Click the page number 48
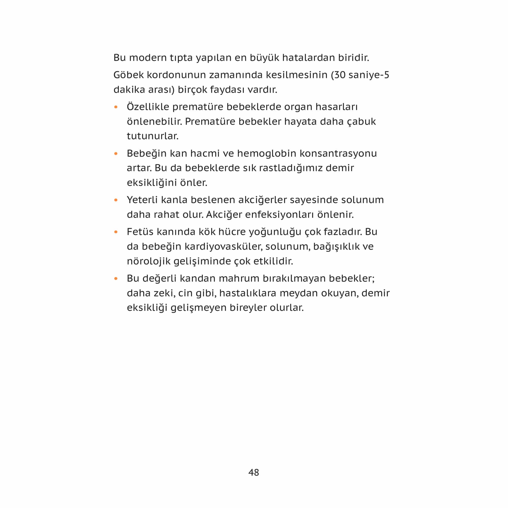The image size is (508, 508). pos(253,472)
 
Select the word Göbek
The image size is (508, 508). pos(128,75)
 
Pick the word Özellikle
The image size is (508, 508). pos(148,107)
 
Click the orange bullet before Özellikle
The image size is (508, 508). pos(116,107)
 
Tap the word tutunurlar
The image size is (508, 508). pos(152,136)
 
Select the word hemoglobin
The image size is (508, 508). pos(267,153)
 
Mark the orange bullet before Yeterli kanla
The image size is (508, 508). pos(116,200)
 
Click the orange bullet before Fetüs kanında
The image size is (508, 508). pos(116,232)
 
